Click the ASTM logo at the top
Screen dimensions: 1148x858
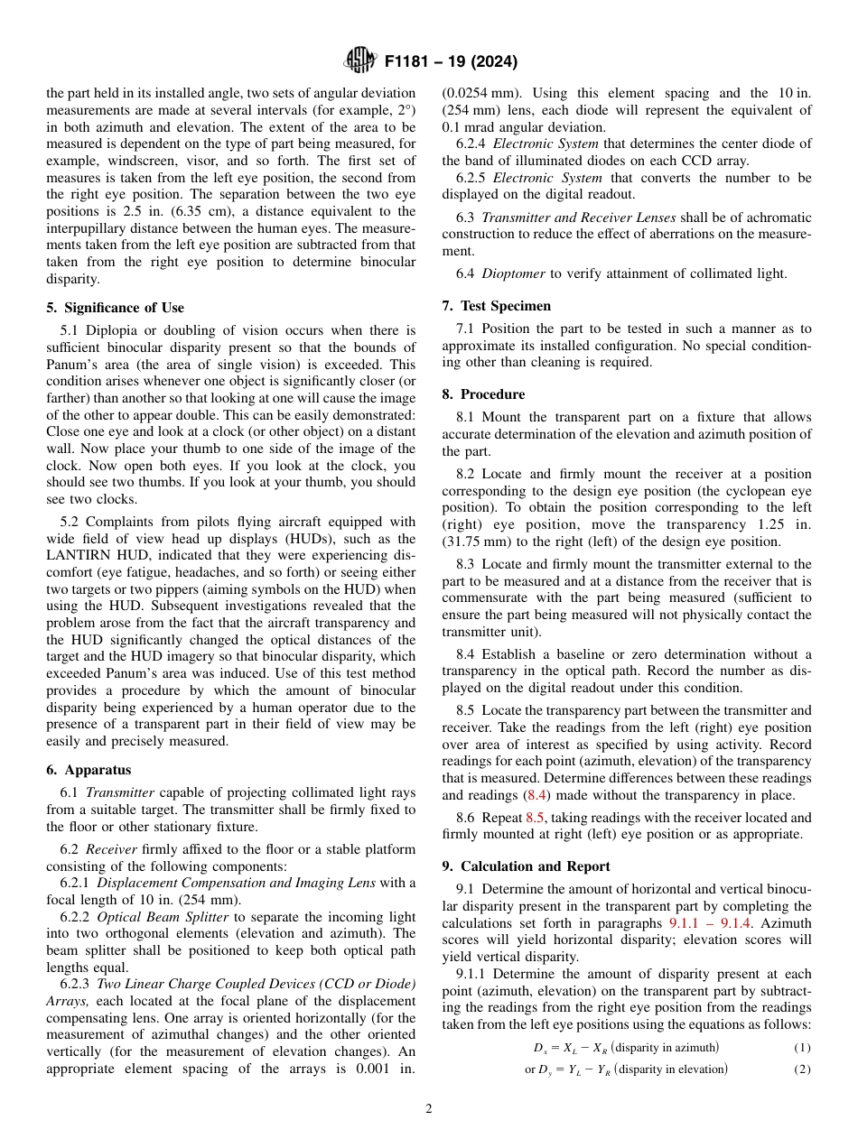359,61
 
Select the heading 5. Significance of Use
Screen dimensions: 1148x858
115,308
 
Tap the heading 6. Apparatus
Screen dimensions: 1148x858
89,770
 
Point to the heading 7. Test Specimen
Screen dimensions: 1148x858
496,306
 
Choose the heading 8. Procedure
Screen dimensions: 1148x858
483,394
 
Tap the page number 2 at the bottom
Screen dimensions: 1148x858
429,1109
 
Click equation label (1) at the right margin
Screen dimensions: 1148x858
802,1048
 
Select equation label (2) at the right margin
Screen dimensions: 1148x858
802,1069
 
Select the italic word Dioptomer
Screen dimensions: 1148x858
512,274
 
